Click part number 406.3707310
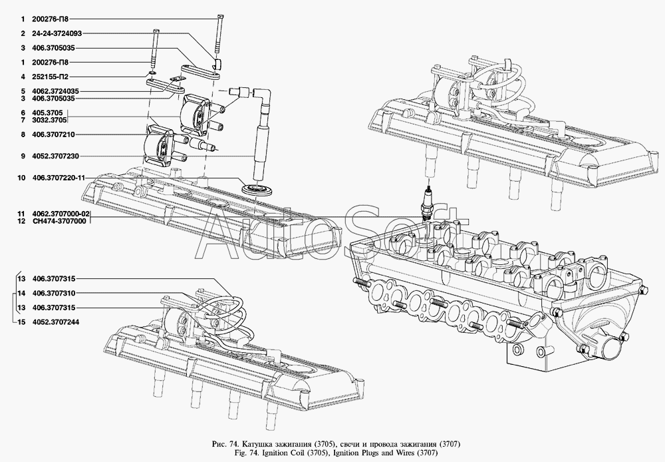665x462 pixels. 53,293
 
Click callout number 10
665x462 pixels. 21,178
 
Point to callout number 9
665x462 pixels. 21,156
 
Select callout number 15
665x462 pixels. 21,322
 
